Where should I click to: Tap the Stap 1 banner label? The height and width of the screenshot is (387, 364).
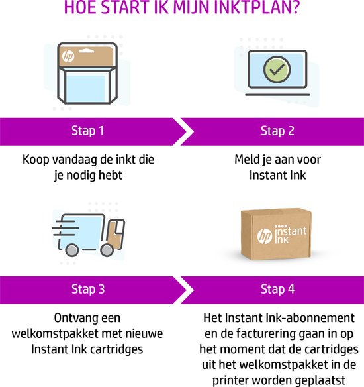tap(88, 131)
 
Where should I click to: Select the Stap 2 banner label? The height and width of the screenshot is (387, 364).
tap(277, 131)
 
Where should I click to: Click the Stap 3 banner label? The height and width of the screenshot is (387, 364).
tap(88, 289)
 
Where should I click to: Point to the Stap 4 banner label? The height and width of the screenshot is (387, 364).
tap(277, 289)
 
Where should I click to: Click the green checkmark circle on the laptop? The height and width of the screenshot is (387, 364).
tap(277, 70)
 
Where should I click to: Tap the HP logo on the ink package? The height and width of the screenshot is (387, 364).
tap(68, 56)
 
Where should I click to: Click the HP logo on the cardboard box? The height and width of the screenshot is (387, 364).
tap(265, 236)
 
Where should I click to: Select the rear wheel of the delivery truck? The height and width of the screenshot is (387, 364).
tap(72, 250)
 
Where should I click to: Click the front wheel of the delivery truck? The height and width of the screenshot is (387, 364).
tap(107, 250)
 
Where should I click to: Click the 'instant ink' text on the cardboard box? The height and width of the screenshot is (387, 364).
tap(291, 234)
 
